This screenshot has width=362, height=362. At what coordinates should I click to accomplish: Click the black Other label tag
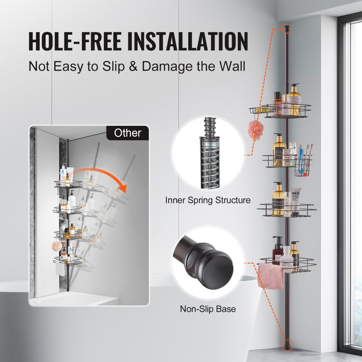(x=127, y=133)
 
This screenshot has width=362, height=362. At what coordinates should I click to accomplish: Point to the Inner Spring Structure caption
(x=208, y=200)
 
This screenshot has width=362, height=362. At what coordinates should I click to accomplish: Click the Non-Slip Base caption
(x=208, y=309)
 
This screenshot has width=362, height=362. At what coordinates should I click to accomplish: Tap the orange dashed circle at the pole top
(x=287, y=27)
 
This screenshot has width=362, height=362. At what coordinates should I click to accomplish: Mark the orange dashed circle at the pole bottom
(x=288, y=344)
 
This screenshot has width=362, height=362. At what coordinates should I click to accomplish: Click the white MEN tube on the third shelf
(x=295, y=201)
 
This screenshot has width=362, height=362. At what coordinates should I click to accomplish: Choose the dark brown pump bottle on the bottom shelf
(x=278, y=250)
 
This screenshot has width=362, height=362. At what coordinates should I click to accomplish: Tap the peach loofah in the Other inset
(x=57, y=247)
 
